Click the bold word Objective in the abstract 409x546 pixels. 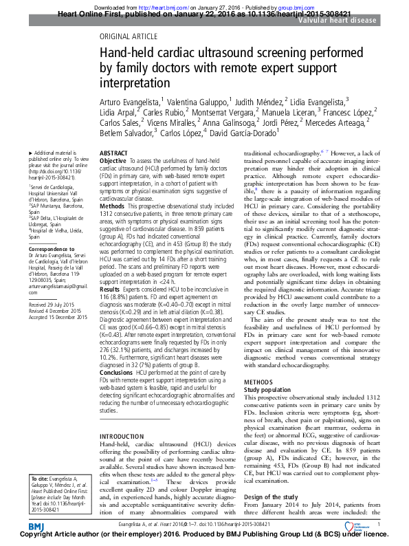[113, 160]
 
